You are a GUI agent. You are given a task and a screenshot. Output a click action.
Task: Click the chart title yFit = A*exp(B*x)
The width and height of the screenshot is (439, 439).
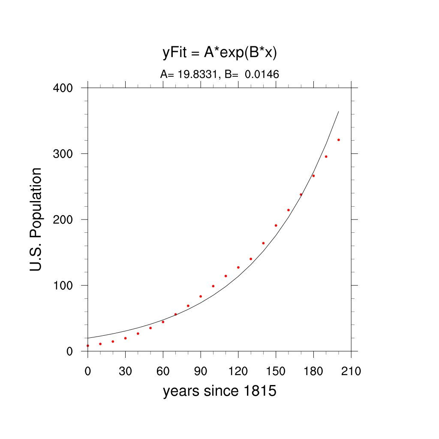pyautogui.click(x=219, y=53)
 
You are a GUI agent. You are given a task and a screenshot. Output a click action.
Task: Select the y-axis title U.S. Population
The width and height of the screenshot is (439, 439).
pyautogui.click(x=36, y=219)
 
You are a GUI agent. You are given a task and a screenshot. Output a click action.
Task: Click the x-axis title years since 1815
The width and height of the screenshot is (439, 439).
pyautogui.click(x=219, y=391)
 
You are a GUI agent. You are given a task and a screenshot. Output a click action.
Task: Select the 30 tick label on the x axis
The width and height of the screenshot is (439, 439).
pyautogui.click(x=125, y=371)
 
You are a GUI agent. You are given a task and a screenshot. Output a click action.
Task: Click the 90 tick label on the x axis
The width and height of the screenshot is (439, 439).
pyautogui.click(x=201, y=371)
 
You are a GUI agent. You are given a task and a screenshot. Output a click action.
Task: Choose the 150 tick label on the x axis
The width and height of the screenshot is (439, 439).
pyautogui.click(x=276, y=371)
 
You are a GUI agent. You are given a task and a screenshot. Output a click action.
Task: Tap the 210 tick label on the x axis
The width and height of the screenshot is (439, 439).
pyautogui.click(x=351, y=371)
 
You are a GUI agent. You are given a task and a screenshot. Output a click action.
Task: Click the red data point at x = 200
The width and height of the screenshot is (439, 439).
pyautogui.click(x=339, y=140)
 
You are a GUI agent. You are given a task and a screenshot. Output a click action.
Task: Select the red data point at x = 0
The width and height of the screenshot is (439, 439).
pyautogui.click(x=88, y=346)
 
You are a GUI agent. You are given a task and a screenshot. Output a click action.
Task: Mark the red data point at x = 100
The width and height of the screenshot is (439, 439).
pyautogui.click(x=213, y=286)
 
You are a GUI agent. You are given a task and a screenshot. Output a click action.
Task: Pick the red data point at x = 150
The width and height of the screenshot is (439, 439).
pyautogui.click(x=276, y=226)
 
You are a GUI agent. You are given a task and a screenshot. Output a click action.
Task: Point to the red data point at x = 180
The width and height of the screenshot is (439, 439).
pyautogui.click(x=313, y=176)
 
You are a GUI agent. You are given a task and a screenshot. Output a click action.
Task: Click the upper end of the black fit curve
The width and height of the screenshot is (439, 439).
pyautogui.click(x=339, y=112)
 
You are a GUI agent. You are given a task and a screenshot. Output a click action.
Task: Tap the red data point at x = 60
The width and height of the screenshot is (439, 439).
pyautogui.click(x=163, y=322)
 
